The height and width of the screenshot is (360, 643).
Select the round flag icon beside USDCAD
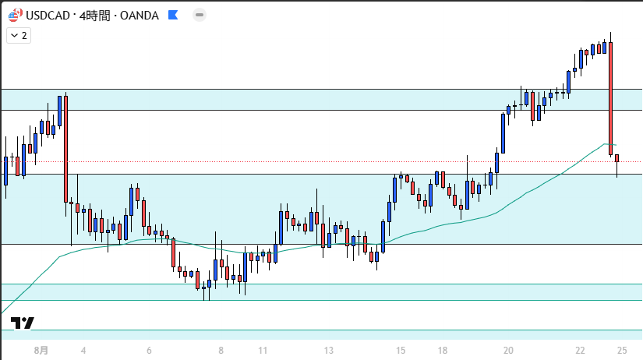point(15,14)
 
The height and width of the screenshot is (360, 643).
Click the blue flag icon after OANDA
point(173,14)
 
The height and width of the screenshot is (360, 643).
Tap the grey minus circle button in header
point(200,14)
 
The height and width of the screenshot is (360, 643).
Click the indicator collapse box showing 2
point(18,35)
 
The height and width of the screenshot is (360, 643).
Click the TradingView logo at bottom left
point(23,323)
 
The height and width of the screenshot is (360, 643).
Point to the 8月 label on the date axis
point(41,351)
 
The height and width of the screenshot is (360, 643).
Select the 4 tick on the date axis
point(83,351)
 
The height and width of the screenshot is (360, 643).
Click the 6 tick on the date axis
point(149,351)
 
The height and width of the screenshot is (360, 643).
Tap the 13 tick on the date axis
point(329,351)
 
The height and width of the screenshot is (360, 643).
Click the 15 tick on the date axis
point(401,351)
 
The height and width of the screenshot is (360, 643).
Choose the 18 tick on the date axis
point(443,351)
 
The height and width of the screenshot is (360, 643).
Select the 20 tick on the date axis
point(508,351)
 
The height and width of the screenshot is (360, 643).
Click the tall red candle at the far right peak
point(611,97)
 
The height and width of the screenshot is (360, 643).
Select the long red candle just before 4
point(65,148)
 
